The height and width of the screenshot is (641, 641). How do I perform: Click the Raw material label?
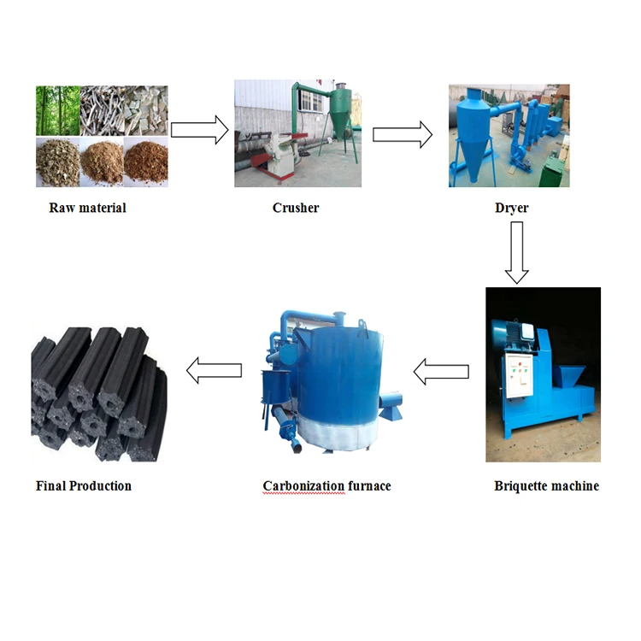(87, 208)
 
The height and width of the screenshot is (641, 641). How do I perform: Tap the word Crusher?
(296, 208)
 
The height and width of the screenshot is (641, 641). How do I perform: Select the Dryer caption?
(510, 208)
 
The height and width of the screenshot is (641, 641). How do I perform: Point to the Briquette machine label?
(546, 486)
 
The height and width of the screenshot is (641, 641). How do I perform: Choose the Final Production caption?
(84, 486)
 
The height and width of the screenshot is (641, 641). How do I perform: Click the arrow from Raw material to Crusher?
(199, 130)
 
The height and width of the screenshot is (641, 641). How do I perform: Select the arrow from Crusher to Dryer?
(402, 134)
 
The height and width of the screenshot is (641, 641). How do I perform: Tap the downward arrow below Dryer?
(516, 252)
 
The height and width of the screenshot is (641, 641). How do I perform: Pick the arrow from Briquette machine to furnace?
(441, 371)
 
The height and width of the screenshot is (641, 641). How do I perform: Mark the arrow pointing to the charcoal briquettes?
(214, 371)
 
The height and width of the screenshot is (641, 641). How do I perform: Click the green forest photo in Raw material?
(57, 110)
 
